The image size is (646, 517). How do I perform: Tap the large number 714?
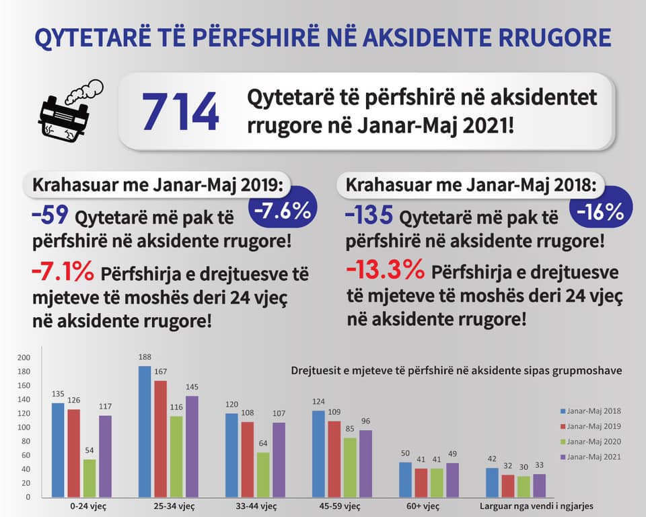180,112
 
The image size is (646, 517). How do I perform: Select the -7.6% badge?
281,211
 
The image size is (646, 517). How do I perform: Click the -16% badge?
600,211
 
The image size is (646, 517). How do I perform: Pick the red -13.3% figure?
385,270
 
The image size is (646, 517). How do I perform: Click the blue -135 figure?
368,216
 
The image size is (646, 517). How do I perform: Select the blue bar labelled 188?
145,432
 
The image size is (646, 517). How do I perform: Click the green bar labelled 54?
89,478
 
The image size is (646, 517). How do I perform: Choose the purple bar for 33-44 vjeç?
279,460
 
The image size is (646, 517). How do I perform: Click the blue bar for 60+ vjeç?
405,479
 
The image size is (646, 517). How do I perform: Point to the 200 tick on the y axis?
24,357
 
